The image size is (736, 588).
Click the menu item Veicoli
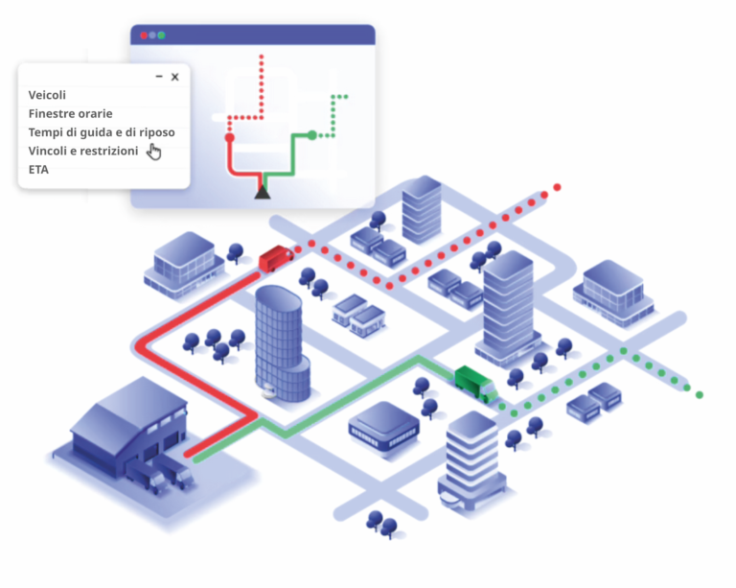point(47,95)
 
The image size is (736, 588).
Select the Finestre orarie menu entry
point(70,113)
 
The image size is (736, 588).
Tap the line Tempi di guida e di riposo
point(102,132)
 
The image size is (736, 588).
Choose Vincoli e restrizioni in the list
point(83,151)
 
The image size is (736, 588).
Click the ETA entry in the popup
point(38,170)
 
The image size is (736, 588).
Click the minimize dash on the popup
point(159,76)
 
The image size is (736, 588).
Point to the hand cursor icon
point(153,152)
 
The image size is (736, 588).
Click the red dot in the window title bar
point(144,35)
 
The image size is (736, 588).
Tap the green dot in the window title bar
point(161,35)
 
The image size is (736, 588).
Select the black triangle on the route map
point(263,192)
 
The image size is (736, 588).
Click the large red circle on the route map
point(230,137)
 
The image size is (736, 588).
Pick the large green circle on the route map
point(312,135)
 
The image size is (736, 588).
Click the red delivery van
point(276,258)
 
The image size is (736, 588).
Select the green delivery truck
point(476,385)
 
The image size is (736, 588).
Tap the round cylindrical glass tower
point(282,343)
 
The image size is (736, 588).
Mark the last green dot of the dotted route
point(700,395)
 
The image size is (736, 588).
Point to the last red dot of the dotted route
point(557,187)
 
